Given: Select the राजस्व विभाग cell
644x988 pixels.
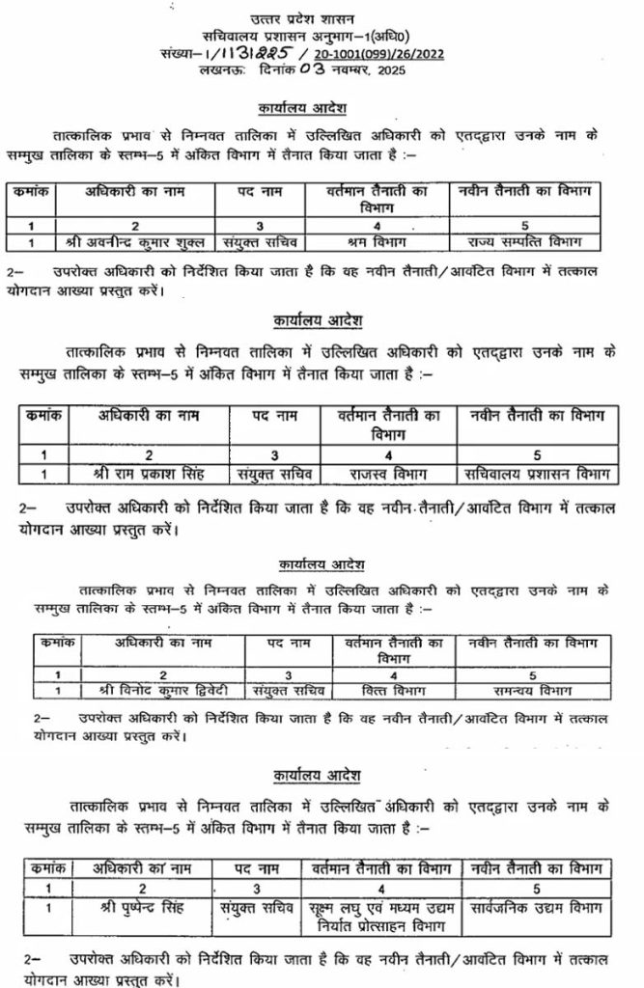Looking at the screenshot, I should tap(386, 473).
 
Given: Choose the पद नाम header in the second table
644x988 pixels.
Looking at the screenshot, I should tap(268, 416).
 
